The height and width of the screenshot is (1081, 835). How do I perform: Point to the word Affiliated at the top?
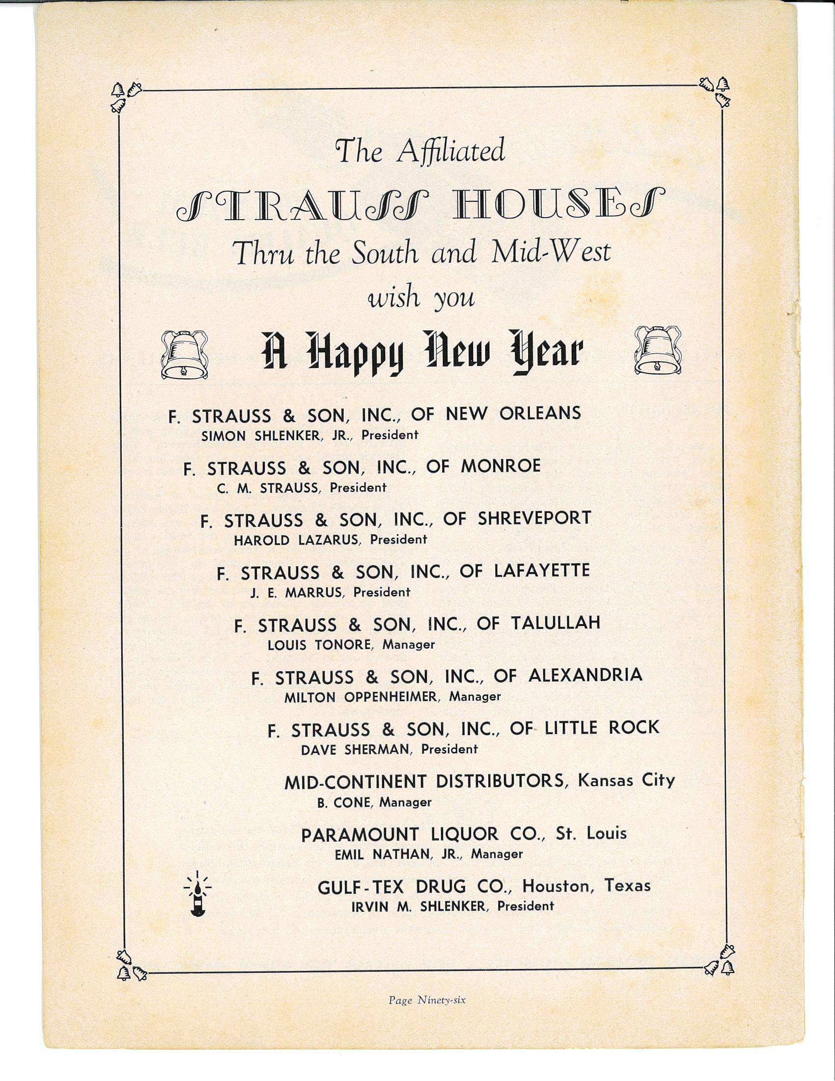pyautogui.click(x=450, y=150)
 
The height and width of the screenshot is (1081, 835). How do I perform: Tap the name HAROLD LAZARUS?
pyautogui.click(x=296, y=540)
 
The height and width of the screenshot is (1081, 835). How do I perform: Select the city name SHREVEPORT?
pyautogui.click(x=534, y=518)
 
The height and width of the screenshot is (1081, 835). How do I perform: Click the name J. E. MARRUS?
pyautogui.click(x=296, y=593)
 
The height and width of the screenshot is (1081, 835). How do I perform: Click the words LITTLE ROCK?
pyautogui.click(x=602, y=728)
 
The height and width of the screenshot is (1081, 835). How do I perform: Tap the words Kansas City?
pyautogui.click(x=626, y=781)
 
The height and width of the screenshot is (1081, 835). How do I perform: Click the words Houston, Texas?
pyautogui.click(x=586, y=885)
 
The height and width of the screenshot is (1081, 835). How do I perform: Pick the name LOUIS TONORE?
pyautogui.click(x=319, y=645)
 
